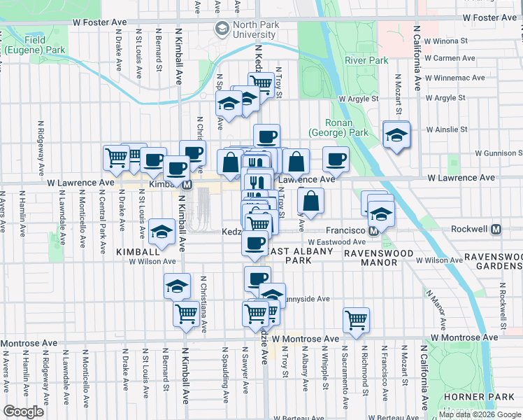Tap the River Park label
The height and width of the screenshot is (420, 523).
pos(366,60)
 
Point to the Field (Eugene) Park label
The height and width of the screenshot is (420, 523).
pos(34,45)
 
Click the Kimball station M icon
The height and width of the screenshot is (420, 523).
pos(187,185)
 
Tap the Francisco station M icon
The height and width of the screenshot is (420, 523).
pos(374,230)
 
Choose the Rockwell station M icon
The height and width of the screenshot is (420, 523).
pos(497,229)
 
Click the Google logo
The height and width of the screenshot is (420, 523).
pos(24,412)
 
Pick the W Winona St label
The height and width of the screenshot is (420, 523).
pos(443,40)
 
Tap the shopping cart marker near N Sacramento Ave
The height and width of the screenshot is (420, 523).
pos(357,320)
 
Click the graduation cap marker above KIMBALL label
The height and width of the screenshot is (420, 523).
pos(162,232)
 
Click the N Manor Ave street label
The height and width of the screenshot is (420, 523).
pos(438,314)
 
